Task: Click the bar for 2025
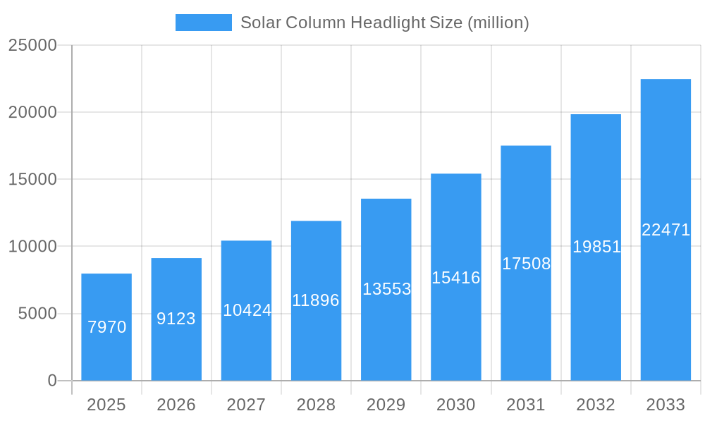click(106, 327)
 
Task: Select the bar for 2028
click(316, 301)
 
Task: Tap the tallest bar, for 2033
click(666, 230)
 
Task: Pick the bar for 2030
click(456, 277)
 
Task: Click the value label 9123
click(176, 319)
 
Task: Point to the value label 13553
click(386, 289)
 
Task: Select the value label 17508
click(526, 264)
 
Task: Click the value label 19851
click(596, 247)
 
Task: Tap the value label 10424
click(247, 310)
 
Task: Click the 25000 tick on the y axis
click(32, 45)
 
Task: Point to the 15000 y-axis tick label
click(32, 180)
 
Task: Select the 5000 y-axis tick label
click(37, 314)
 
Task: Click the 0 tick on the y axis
click(52, 381)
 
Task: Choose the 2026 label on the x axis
click(176, 405)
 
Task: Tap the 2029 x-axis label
click(386, 405)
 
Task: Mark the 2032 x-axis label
click(596, 405)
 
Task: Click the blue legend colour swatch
click(203, 23)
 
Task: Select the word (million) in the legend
click(498, 23)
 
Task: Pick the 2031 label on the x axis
click(526, 405)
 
